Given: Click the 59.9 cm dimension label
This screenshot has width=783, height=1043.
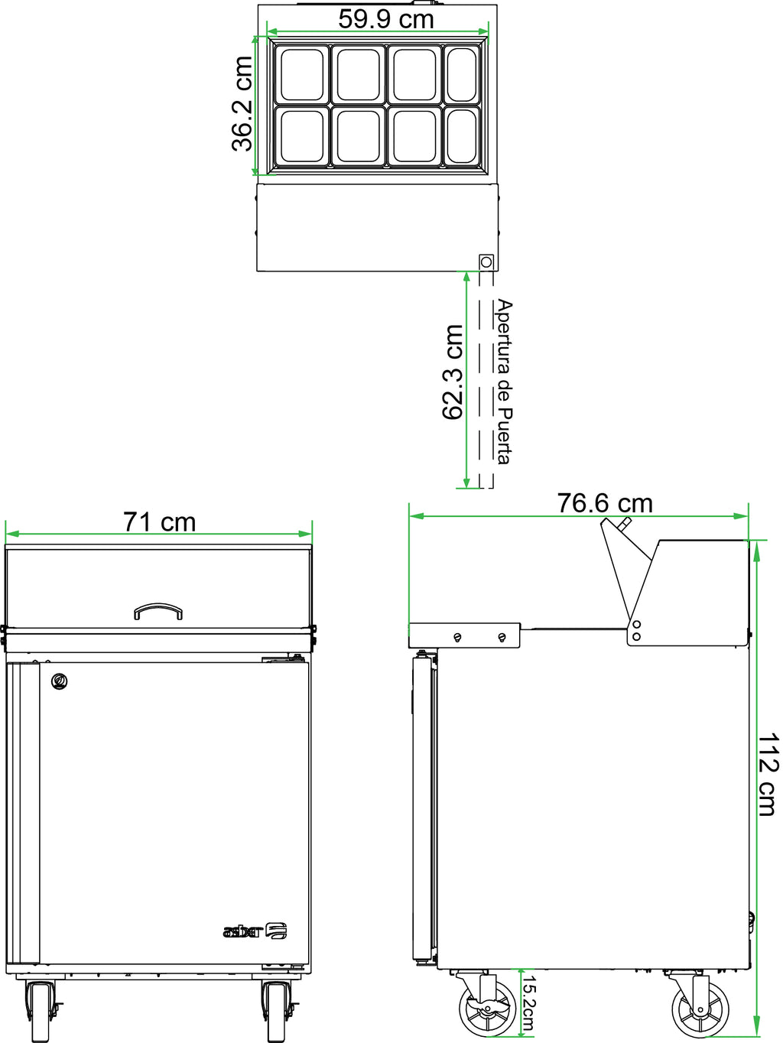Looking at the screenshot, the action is (x=386, y=19).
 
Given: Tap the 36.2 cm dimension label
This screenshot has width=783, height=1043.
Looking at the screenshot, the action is (x=242, y=103).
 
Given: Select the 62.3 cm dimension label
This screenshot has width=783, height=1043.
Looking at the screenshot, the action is (x=453, y=372).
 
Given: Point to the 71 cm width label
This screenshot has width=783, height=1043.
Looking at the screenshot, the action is (x=159, y=522).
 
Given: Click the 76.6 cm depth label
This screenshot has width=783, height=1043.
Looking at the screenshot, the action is (x=604, y=503).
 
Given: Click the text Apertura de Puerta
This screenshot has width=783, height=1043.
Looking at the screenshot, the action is (x=505, y=382).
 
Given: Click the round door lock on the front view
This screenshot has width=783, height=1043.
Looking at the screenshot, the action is (x=60, y=681).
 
